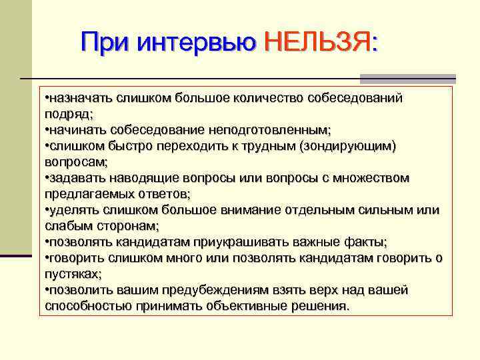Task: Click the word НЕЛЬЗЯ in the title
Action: point(321,44)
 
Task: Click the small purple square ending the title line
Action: point(451,78)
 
